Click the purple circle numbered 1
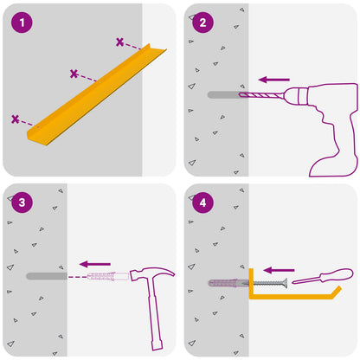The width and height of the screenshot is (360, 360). click(22, 22)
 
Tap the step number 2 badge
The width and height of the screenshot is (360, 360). click(203, 22)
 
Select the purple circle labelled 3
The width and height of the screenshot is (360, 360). click(22, 202)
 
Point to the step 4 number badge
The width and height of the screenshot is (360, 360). click(203, 202)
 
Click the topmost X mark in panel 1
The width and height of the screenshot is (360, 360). click(119, 42)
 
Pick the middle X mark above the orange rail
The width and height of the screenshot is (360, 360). click(74, 74)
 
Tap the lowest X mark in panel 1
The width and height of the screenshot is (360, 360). click(16, 119)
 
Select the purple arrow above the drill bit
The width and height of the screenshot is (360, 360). click(274, 80)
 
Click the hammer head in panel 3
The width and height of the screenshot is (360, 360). click(151, 274)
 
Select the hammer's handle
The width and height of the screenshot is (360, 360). click(155, 314)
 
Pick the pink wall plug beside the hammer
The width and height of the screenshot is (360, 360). click(108, 276)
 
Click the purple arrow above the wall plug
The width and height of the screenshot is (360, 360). click(95, 264)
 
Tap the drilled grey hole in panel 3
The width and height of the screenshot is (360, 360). click(47, 276)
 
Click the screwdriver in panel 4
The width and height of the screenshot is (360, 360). click(323, 276)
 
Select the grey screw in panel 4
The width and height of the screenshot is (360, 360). click(267, 283)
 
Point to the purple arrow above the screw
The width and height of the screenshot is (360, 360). click(279, 270)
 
